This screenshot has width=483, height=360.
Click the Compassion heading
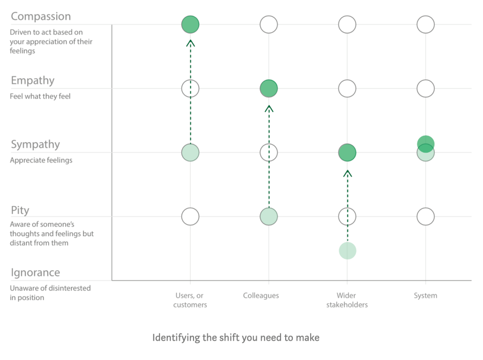(x=41, y=17)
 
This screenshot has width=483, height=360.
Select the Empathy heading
(x=33, y=81)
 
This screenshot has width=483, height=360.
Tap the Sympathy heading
(x=35, y=145)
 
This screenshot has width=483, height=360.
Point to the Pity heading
(x=20, y=210)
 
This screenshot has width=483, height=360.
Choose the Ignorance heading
(x=35, y=273)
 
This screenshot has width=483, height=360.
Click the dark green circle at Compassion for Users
(x=190, y=25)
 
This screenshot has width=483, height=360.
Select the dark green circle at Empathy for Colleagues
(x=269, y=88)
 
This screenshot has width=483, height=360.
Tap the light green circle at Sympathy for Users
(x=190, y=153)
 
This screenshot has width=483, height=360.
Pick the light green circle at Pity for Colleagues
(x=269, y=217)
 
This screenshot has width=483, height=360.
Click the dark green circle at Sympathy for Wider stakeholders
(x=347, y=153)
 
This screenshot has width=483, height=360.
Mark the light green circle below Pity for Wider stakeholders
(x=347, y=251)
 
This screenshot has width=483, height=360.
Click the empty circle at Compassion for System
(x=425, y=25)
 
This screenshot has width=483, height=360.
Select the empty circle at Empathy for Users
(x=190, y=88)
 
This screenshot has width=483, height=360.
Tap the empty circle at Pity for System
(x=425, y=217)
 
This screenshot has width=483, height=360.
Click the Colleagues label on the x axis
(x=261, y=296)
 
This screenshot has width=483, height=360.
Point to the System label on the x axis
(x=425, y=296)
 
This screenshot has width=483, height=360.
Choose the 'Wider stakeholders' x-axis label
(x=347, y=300)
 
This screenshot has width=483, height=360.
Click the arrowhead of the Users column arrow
(x=190, y=43)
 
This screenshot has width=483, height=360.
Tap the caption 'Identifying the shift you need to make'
(x=236, y=338)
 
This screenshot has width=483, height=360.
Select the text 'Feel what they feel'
(x=40, y=96)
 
